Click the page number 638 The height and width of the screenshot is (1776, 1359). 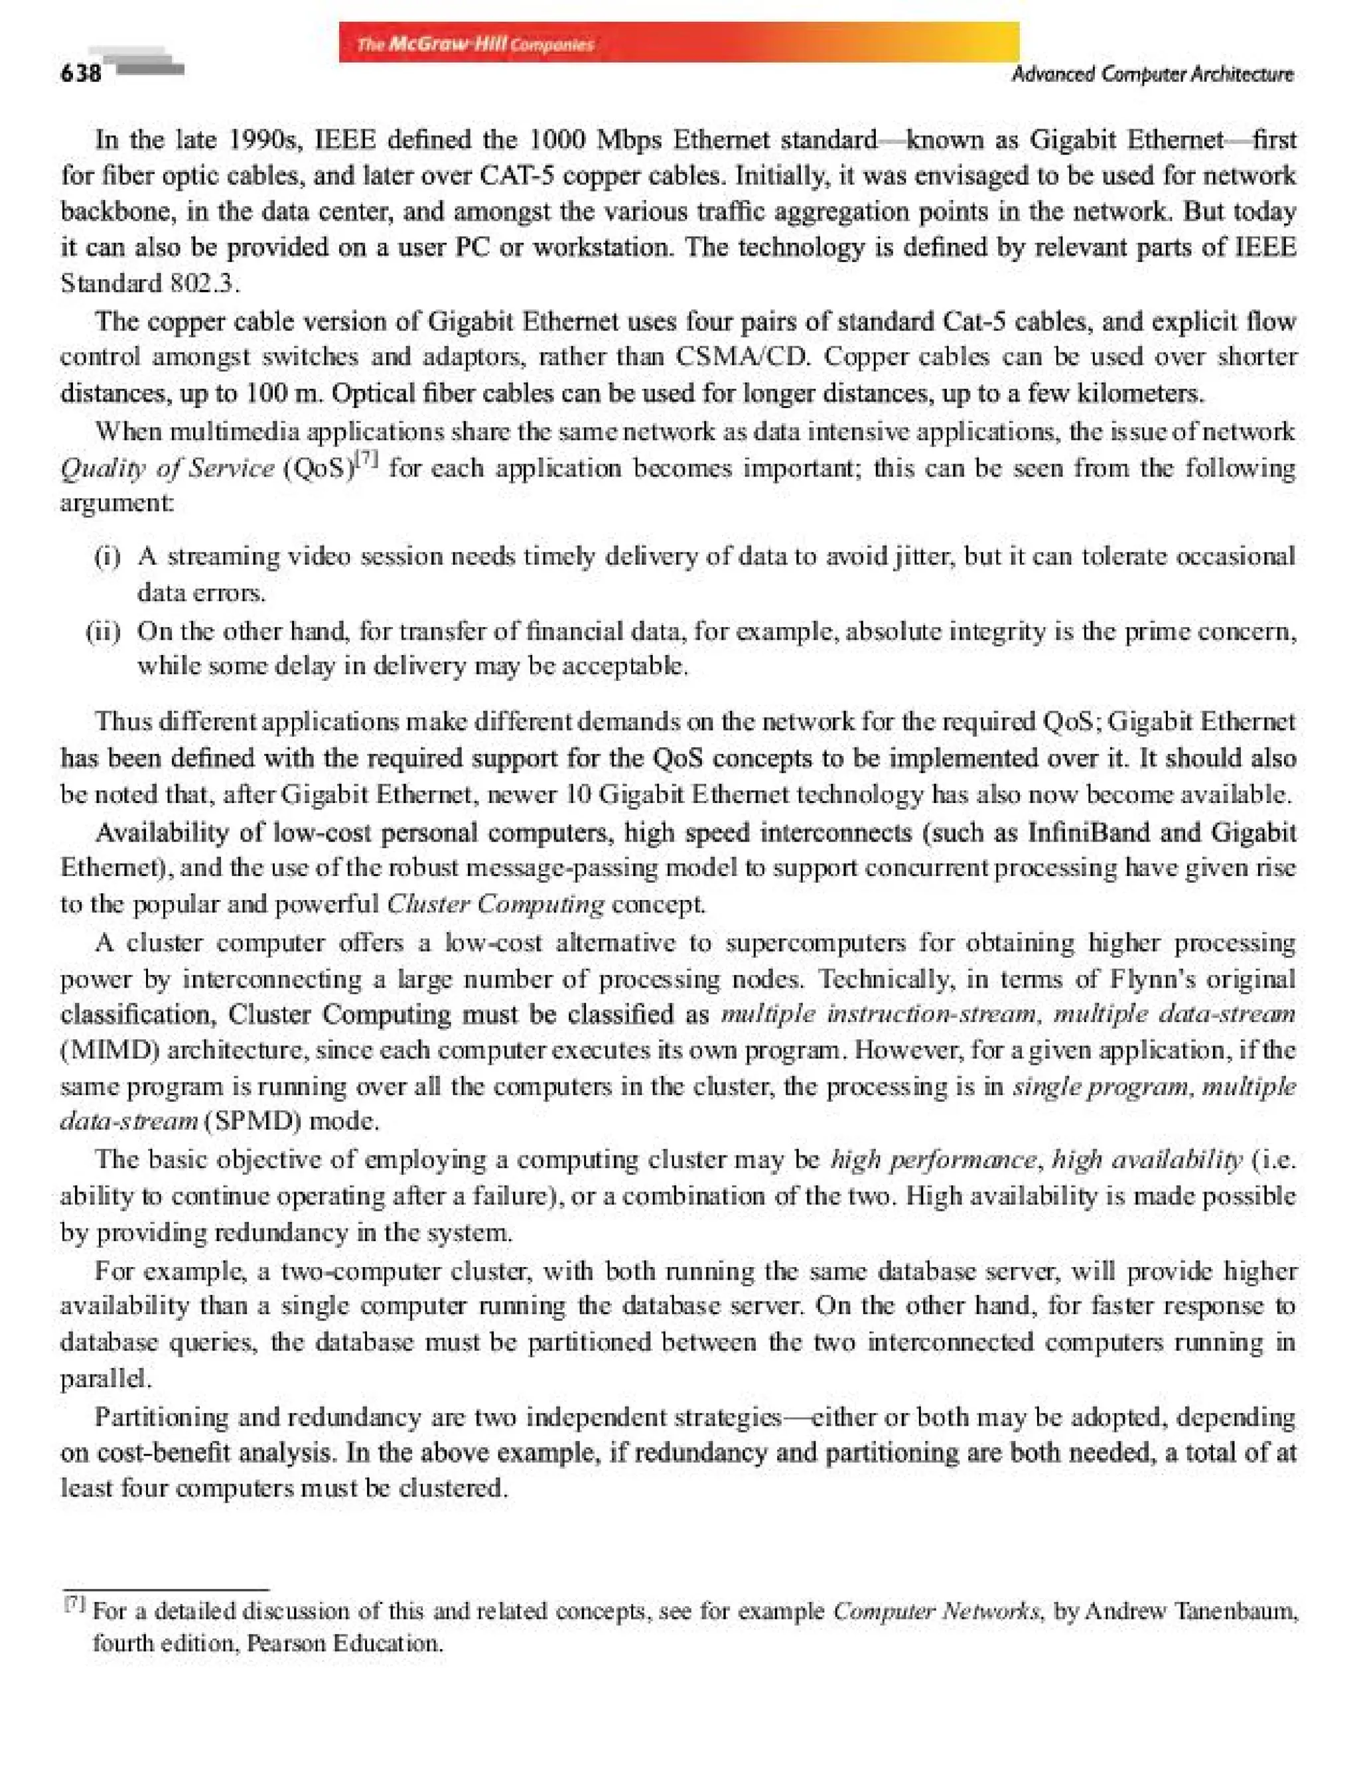coord(80,74)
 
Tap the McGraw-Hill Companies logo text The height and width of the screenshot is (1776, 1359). coord(475,44)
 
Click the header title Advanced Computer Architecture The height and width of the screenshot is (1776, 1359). coord(1152,74)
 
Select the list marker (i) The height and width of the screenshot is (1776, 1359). coord(107,557)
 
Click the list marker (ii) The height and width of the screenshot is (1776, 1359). coord(104,630)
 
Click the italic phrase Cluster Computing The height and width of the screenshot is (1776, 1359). coord(495,904)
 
